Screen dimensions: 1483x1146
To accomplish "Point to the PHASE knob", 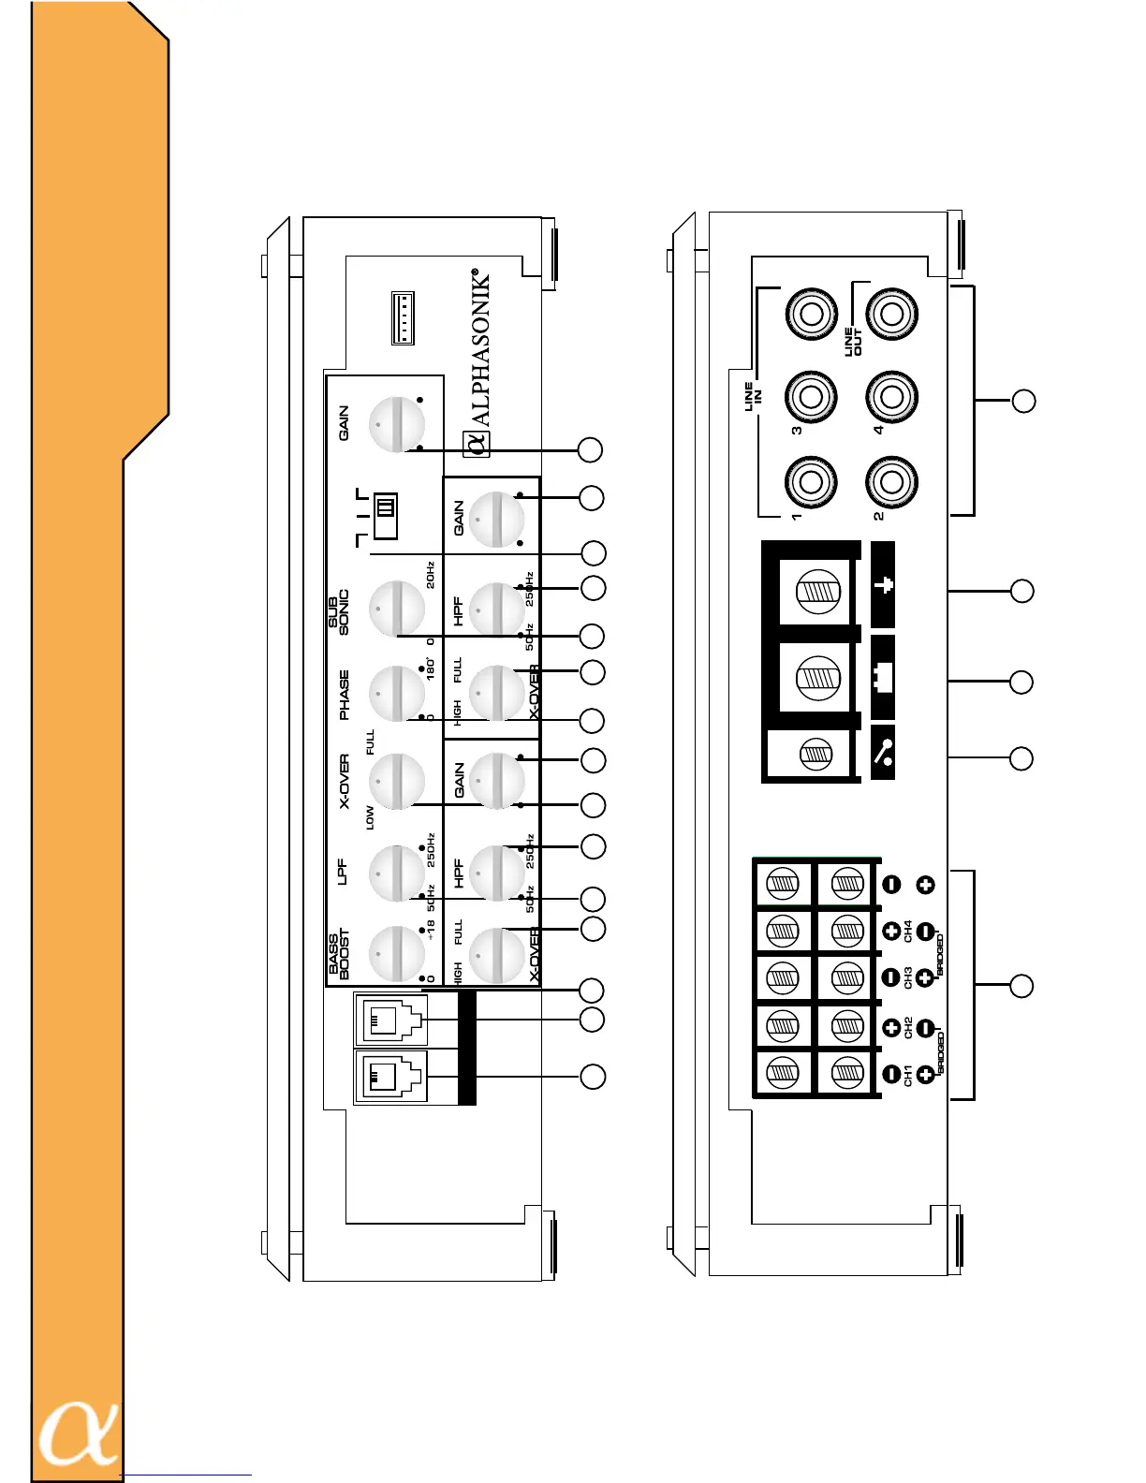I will pyautogui.click(x=397, y=694).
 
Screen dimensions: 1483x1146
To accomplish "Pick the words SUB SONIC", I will pyautogui.click(x=338, y=612).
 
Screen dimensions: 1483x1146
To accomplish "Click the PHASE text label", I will pyautogui.click(x=344, y=695).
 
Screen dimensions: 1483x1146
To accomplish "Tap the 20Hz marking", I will pyautogui.click(x=430, y=575).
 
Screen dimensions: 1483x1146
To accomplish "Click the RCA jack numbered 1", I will pyautogui.click(x=811, y=482).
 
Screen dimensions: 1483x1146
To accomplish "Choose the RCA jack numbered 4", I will pyautogui.click(x=890, y=397).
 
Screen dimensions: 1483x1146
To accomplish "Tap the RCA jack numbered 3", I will pyautogui.click(x=811, y=397).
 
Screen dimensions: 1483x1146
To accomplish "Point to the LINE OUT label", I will pyautogui.click(x=853, y=342).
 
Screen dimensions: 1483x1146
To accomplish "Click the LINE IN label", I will pyautogui.click(x=753, y=397).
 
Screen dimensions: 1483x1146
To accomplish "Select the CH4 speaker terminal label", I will pyautogui.click(x=908, y=931).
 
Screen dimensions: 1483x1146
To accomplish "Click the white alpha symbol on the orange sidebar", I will pyautogui.click(x=79, y=1433).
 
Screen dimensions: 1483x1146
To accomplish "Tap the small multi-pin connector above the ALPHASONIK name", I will pyautogui.click(x=403, y=318).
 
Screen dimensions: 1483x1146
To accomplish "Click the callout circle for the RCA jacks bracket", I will pyautogui.click(x=1023, y=401).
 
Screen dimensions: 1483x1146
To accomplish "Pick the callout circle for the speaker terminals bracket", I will pyautogui.click(x=1021, y=986).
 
